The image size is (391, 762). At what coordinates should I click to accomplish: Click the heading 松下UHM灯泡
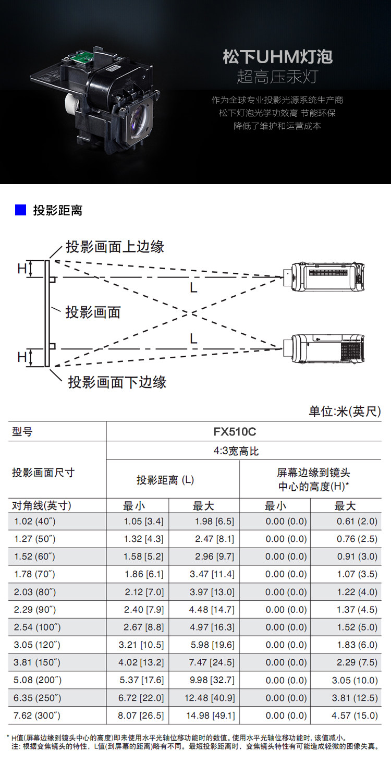[x=277, y=57]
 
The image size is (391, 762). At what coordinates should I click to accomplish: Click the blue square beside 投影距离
[x=21, y=210]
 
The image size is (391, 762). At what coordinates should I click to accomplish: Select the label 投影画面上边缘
[x=115, y=246]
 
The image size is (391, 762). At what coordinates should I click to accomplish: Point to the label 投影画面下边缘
[x=117, y=382]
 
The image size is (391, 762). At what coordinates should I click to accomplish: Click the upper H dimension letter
[x=22, y=269]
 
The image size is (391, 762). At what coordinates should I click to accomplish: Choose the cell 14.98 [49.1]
[x=211, y=715]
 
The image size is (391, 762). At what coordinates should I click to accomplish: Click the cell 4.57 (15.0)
[x=357, y=715]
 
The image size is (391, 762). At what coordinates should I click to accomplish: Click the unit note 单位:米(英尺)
[x=345, y=412]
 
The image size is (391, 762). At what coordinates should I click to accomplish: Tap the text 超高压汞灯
[x=277, y=77]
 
